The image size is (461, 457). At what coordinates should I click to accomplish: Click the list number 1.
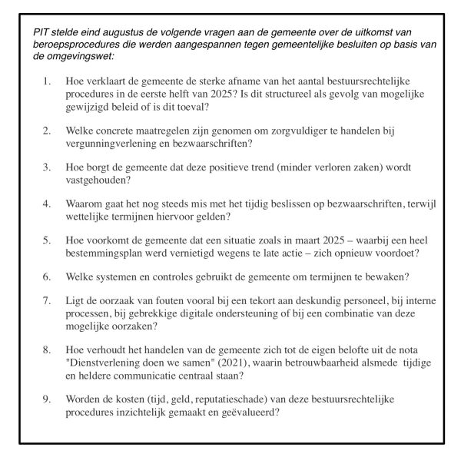[x=48, y=81]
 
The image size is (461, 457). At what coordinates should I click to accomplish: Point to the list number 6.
[x=48, y=277]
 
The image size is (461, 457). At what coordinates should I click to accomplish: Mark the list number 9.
[x=48, y=400]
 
